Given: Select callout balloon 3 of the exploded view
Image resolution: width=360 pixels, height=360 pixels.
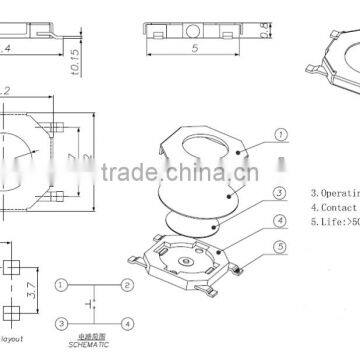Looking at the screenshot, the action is [x=281, y=193].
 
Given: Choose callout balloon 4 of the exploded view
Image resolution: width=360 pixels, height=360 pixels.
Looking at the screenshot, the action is [x=281, y=218].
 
